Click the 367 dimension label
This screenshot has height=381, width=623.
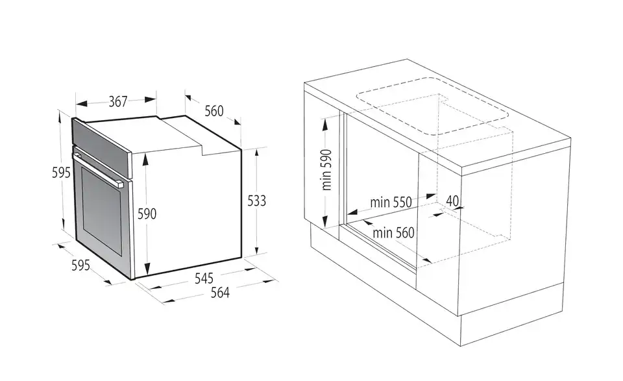coord(118,102)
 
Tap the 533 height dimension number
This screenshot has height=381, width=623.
coord(257,201)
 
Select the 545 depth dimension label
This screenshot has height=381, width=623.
coord(204,278)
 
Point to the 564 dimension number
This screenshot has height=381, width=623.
coord(220,293)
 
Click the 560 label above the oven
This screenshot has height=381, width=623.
coord(214,111)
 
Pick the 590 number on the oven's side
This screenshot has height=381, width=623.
coord(147,214)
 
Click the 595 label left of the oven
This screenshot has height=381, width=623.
coord(61,173)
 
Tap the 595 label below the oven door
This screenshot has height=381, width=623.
coord(80,265)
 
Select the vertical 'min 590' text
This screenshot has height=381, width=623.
coord(326,170)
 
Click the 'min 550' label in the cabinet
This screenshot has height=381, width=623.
coord(391,203)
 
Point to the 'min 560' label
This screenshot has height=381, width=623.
coord(393,232)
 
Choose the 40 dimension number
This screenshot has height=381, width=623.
coord(452,201)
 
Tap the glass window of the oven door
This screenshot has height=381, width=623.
coord(102,210)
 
